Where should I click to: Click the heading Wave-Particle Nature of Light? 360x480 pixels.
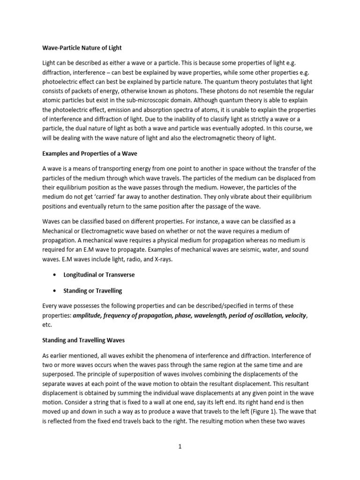coord(82,48)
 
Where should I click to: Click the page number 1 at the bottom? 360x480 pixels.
coord(180,447)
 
